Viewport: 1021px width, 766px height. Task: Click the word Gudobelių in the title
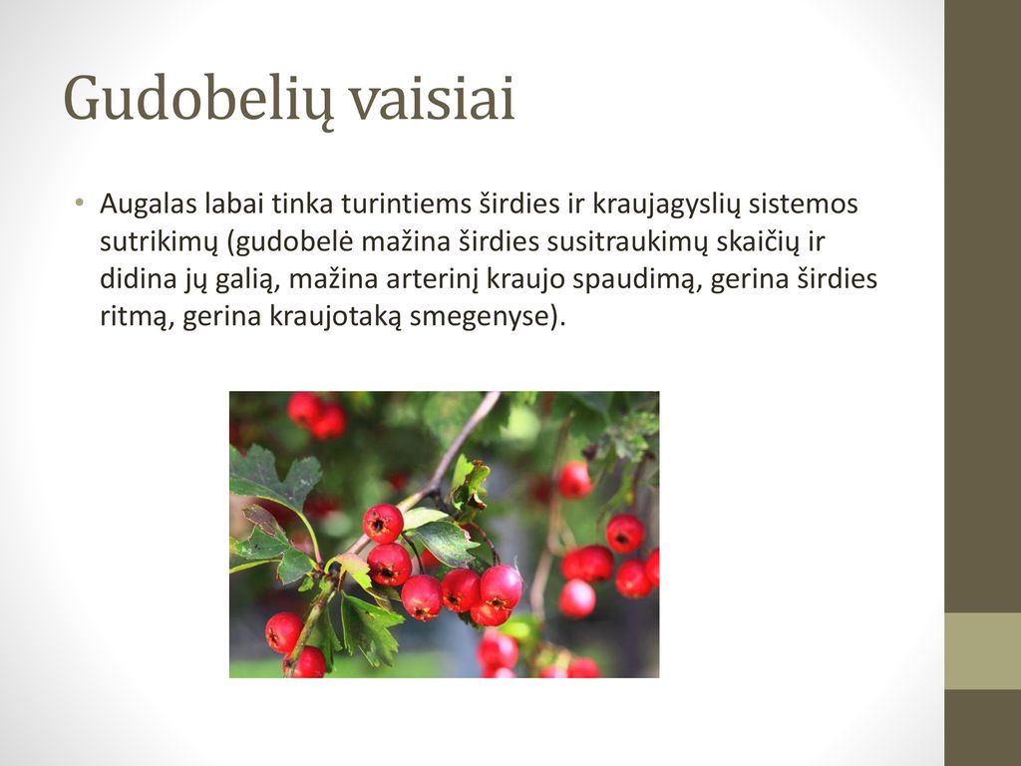(198, 99)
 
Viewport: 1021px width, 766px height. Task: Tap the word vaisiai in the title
(433, 98)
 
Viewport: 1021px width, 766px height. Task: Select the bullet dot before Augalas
(80, 201)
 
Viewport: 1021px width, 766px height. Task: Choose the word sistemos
(804, 203)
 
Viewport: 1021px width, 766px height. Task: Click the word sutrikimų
(159, 242)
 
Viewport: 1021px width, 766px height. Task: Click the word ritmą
(136, 317)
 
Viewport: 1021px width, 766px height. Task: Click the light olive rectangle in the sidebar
(982, 650)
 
